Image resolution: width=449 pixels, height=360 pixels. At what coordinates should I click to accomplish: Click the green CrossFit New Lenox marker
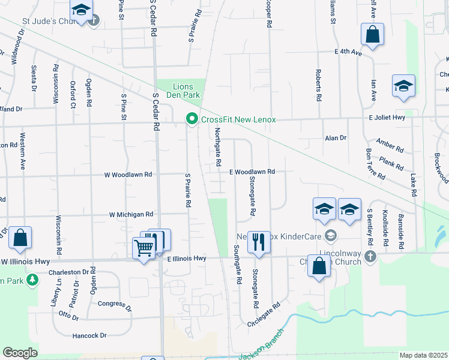coord(192,119)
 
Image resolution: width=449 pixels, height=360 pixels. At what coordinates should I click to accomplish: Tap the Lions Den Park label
coord(178,91)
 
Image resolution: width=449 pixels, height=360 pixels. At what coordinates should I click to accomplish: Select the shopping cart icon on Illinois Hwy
coord(144,247)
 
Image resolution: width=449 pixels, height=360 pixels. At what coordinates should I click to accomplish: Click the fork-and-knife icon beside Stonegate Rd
coord(259,242)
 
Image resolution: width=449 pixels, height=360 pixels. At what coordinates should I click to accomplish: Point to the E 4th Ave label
coord(348,52)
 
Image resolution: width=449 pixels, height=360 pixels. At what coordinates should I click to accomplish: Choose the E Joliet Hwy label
coord(390,118)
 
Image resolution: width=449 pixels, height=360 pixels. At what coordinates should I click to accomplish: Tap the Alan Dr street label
coord(336,137)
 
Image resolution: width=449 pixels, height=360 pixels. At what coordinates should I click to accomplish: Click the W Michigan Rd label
coord(131,214)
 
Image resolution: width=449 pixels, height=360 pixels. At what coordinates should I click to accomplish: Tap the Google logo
coord(20,353)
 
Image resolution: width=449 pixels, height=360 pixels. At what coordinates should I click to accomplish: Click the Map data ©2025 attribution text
coord(423,355)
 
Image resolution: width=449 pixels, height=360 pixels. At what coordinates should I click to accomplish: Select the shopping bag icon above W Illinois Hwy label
coord(20,238)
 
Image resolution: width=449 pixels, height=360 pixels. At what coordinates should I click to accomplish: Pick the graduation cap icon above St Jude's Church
coord(80,10)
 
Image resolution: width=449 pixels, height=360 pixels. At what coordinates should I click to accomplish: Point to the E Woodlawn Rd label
coord(252,172)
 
